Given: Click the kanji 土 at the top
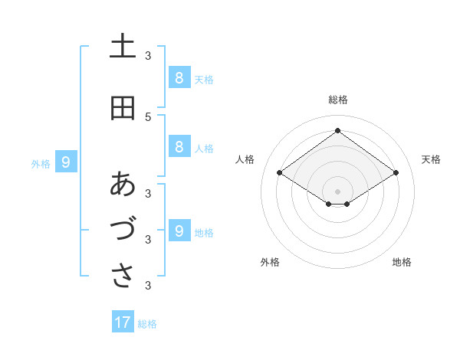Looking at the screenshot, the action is click(123, 47).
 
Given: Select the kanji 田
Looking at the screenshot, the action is click(123, 108).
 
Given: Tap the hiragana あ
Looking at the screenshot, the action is click(123, 184).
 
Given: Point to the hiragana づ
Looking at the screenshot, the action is click(123, 229).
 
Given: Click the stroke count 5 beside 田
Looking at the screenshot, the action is click(147, 116).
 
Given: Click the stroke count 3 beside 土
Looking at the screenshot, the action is click(147, 55).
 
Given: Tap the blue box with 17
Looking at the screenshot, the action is click(123, 322).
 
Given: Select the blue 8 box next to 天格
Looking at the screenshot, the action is click(179, 77).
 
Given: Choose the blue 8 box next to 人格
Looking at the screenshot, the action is click(179, 146).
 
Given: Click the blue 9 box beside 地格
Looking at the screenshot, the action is click(179, 231).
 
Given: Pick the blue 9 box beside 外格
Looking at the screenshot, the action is click(66, 162).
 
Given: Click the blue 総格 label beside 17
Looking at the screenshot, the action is click(147, 324).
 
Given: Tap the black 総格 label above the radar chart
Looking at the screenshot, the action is click(338, 100).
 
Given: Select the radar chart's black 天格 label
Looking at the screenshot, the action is click(431, 159).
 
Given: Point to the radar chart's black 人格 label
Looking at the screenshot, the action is click(245, 159).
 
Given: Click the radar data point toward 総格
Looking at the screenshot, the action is click(337, 131).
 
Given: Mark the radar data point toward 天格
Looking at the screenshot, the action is click(396, 173).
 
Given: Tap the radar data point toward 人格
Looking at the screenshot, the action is click(280, 173).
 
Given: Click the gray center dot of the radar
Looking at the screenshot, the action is click(337, 191).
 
